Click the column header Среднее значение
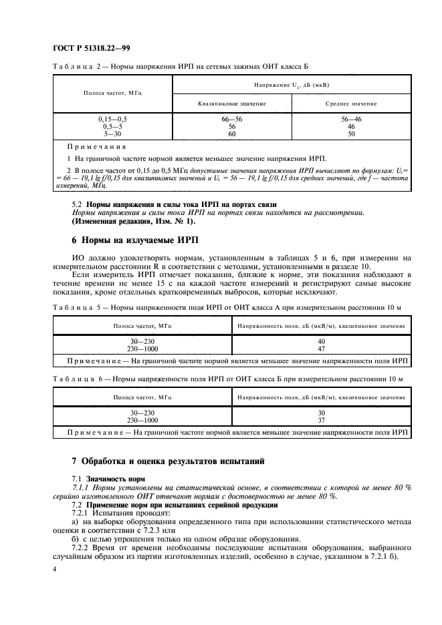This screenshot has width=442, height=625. point(352,104)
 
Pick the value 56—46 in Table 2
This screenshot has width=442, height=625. point(352,118)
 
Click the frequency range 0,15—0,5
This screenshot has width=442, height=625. point(112,118)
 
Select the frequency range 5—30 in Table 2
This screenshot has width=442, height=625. point(112,133)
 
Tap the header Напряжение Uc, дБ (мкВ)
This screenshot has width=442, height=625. point(291,85)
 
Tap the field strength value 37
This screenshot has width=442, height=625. point(322,421)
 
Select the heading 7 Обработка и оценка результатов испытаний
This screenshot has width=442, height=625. point(169,461)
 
